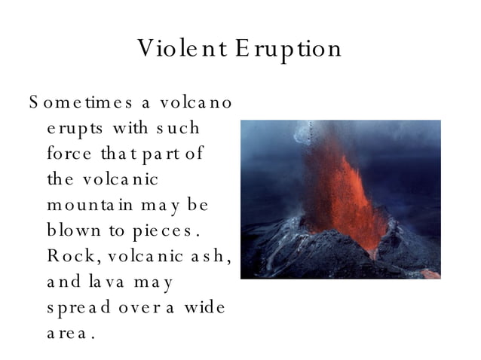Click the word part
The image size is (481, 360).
[163, 154]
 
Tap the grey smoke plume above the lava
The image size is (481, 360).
[317, 139]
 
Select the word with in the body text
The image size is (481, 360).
[129, 127]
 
